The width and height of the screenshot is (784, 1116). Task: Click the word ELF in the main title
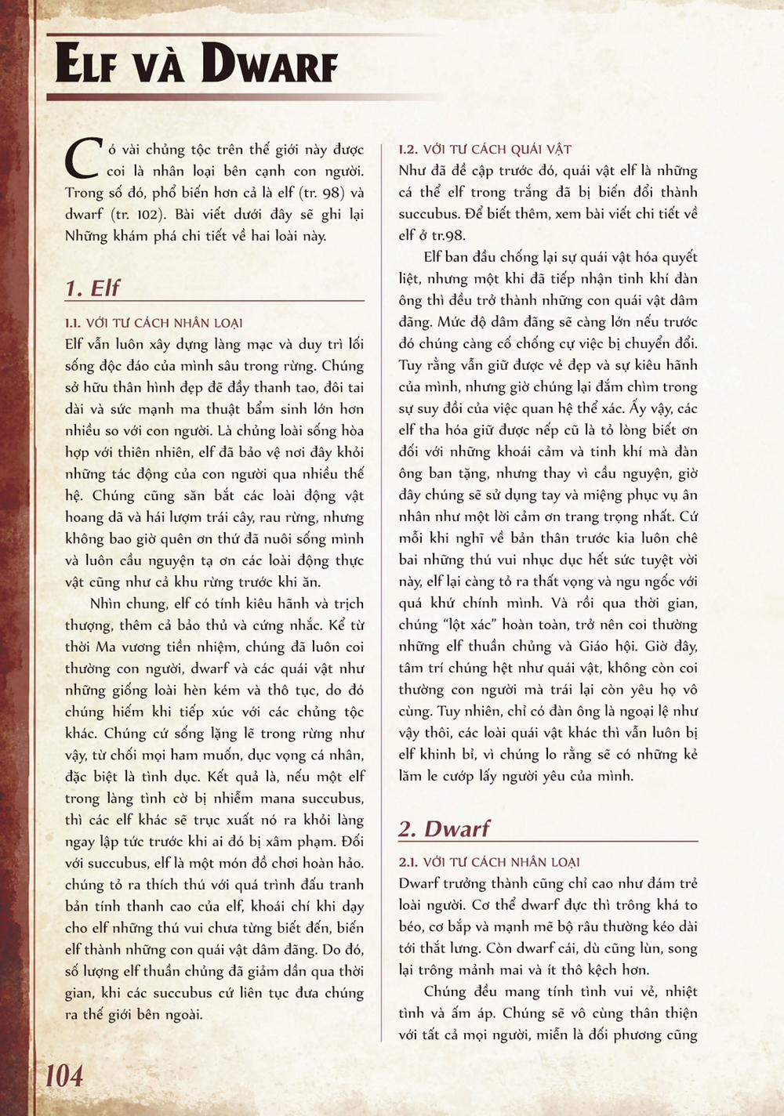coord(85,63)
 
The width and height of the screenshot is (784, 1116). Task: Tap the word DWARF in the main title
coord(269,63)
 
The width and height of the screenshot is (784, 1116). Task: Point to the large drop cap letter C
coord(82,159)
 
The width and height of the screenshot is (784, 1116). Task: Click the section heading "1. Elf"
coord(93,288)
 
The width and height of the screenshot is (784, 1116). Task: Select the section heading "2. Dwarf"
coord(444,829)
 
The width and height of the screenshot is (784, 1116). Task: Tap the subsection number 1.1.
coord(73,323)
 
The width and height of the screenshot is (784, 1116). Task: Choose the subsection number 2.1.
coord(408,862)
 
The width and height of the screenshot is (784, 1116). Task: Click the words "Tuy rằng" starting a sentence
coord(423,365)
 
